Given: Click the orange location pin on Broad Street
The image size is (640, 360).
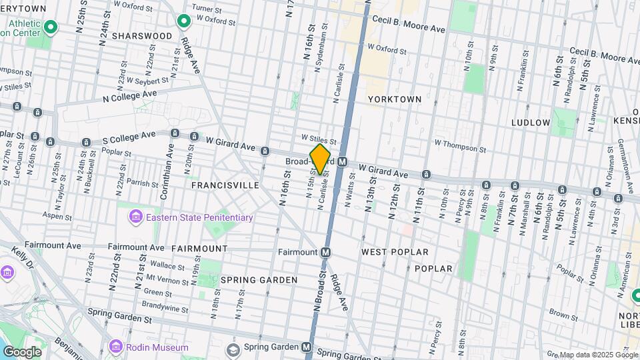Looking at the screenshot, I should [320, 159].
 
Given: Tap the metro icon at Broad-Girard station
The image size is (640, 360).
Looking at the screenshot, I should [343, 162].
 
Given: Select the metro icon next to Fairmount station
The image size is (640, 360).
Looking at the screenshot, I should [325, 252].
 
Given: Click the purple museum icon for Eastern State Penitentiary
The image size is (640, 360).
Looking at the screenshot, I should [135, 217].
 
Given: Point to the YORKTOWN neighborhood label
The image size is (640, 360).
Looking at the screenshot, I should [395, 99].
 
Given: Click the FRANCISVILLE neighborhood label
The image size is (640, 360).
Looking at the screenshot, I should [225, 185].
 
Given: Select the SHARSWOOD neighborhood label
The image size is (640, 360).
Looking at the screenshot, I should [142, 35].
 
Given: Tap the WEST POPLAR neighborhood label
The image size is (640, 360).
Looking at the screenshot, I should [395, 252].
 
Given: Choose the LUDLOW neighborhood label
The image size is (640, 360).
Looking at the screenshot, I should [531, 123].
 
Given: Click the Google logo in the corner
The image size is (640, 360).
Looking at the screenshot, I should [22, 351].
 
